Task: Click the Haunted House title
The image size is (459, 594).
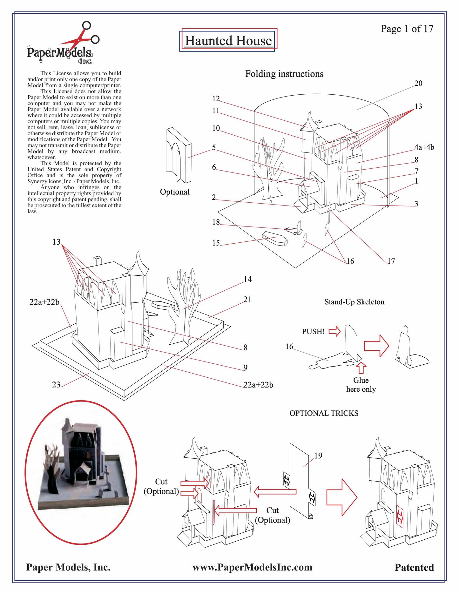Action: point(228,41)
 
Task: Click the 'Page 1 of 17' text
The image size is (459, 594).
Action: point(407,29)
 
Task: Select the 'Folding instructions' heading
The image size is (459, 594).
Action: point(284,74)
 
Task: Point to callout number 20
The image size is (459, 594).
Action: point(418,84)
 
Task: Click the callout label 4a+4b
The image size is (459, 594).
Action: point(424,147)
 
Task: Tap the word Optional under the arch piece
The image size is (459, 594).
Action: point(175,192)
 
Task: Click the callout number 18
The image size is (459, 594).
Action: point(216,222)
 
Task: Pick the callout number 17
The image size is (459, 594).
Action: point(391,261)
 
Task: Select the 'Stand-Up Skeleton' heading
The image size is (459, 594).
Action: point(354,302)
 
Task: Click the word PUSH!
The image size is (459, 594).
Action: point(313,332)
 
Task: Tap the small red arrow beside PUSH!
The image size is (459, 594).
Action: point(334,332)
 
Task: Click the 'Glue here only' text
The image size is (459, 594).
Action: point(361,385)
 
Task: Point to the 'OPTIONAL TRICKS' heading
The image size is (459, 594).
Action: point(324,413)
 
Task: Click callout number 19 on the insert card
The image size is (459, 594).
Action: point(318,456)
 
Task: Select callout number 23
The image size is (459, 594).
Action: point(56,385)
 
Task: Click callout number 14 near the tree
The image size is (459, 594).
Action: point(247,280)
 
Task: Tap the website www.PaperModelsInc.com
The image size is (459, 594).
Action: point(252,568)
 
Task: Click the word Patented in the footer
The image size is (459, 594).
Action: point(414,568)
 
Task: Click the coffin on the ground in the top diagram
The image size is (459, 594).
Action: point(275,239)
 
